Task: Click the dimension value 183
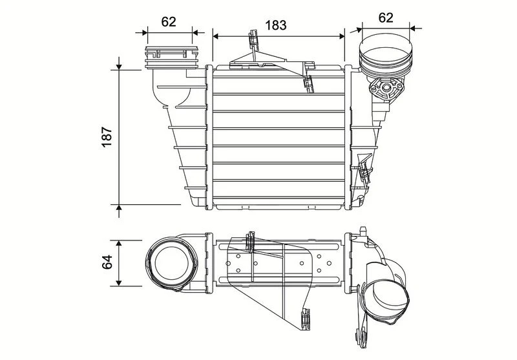pyautogui.click(x=276, y=25)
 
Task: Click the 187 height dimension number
pyautogui.click(x=107, y=137)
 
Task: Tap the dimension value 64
pyautogui.click(x=107, y=262)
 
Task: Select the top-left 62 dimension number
pyautogui.click(x=169, y=22)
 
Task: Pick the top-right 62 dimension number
pyautogui.click(x=385, y=17)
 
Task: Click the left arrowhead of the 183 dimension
pyautogui.click(x=216, y=36)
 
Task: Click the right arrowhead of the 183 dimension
pyautogui.click(x=342, y=36)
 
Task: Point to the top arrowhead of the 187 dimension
pyautogui.click(x=119, y=67)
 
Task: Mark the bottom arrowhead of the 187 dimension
pyautogui.click(x=119, y=207)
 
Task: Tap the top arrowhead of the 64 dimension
pyautogui.click(x=119, y=243)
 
